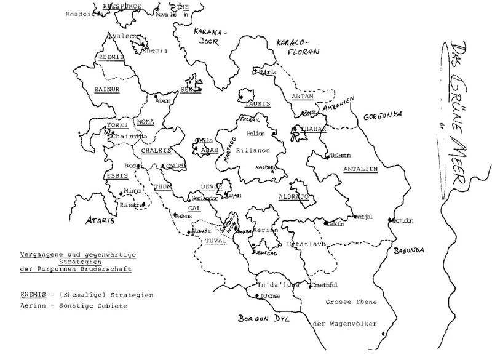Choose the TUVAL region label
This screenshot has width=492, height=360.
[x=215, y=240]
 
